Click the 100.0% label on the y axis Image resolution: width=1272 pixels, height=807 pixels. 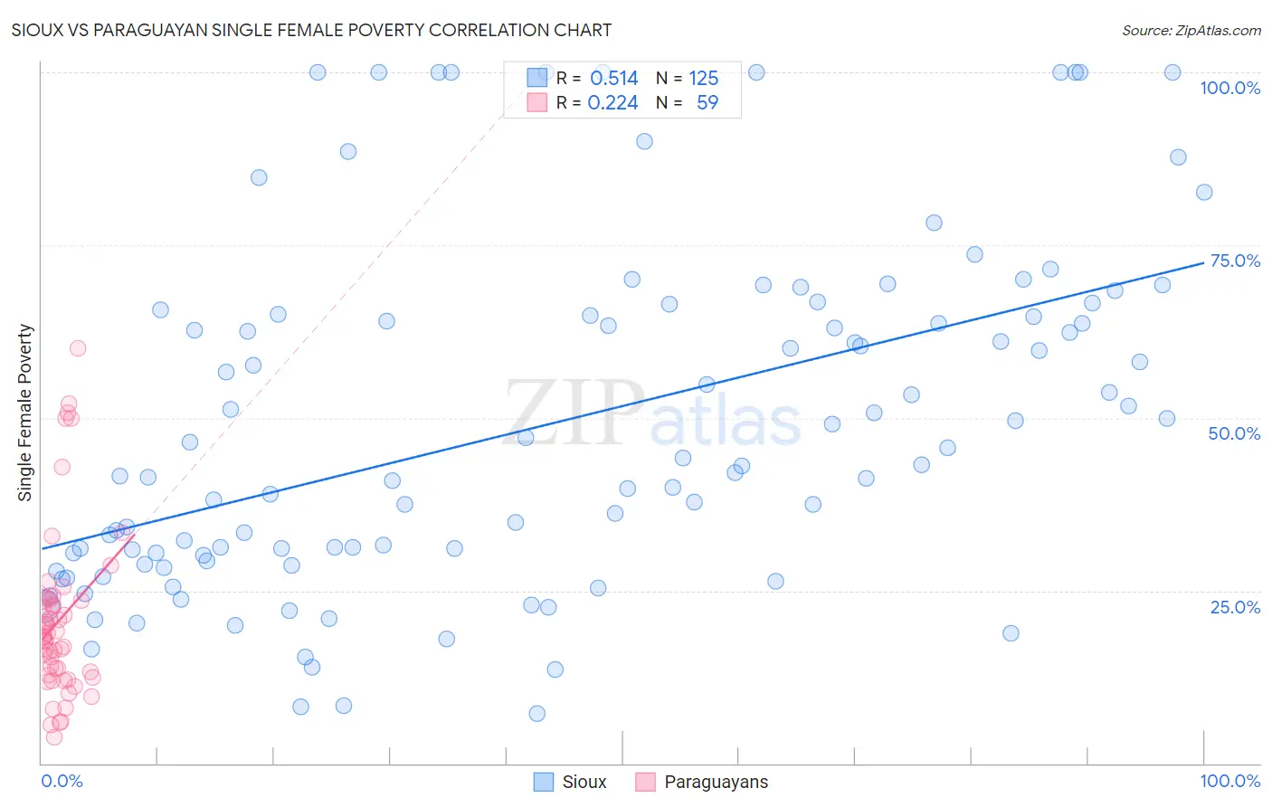[x=1229, y=88]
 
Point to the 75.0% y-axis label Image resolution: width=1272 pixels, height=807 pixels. [x=1235, y=261]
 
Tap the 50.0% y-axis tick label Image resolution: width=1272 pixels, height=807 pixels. [x=1234, y=433]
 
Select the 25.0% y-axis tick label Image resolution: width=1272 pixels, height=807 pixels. [x=1235, y=606]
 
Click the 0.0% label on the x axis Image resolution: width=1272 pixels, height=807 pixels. [x=62, y=781]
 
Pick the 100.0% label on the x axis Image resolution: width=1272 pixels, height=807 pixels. [x=1229, y=781]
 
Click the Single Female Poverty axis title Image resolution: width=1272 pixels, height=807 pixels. [x=25, y=413]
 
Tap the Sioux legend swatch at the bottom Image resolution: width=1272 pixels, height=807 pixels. [x=544, y=782]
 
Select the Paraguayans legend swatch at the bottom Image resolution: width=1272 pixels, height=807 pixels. [x=645, y=782]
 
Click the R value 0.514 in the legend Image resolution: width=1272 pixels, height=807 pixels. [x=614, y=79]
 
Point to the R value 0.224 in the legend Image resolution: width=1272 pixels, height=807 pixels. [x=612, y=103]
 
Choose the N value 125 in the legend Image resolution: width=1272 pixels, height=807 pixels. [x=704, y=79]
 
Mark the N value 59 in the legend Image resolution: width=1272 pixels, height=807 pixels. [x=707, y=103]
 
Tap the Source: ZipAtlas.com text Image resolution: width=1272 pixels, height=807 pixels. [x=1191, y=31]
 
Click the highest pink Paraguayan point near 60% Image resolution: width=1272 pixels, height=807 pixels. [x=78, y=348]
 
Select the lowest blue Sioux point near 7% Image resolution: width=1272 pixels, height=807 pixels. [x=536, y=714]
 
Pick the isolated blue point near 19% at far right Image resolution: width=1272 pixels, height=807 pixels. [x=1011, y=633]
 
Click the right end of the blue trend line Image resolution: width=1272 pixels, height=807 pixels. [x=1203, y=263]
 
